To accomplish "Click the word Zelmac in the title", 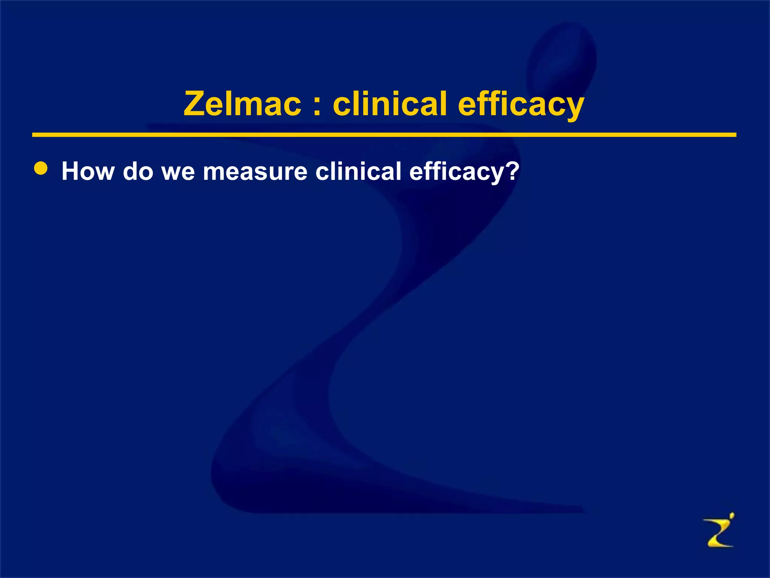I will pyautogui.click(x=243, y=104).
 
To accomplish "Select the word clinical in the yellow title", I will pyautogui.click(x=390, y=104).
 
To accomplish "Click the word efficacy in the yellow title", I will pyautogui.click(x=521, y=105).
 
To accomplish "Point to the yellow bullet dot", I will pyautogui.click(x=41, y=169).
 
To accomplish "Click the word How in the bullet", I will pyautogui.click(x=88, y=171).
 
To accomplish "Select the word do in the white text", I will pyautogui.click(x=138, y=171).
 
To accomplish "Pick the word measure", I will pyautogui.click(x=255, y=172).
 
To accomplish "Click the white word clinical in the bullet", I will pyautogui.click(x=358, y=171).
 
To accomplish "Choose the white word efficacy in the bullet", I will pyautogui.click(x=456, y=172).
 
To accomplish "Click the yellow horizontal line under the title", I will pyautogui.click(x=383, y=135).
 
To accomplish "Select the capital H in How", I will pyautogui.click(x=71, y=171).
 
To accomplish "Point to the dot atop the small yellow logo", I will pyautogui.click(x=731, y=515).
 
